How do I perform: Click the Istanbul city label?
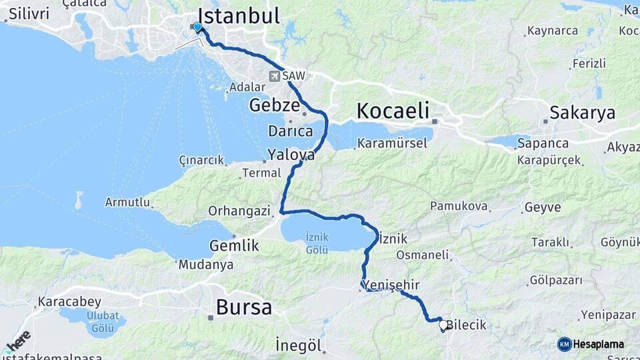point(239,17)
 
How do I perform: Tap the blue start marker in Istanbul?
point(197,27)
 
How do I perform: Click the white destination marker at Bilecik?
point(443,325)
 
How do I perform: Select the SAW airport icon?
point(275,76)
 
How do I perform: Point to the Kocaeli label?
point(393,111)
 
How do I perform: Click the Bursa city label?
point(244,308)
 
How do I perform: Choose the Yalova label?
point(291,155)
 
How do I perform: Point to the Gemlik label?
point(234,245)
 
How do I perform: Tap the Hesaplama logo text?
point(598,344)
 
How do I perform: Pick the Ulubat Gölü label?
point(103,321)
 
